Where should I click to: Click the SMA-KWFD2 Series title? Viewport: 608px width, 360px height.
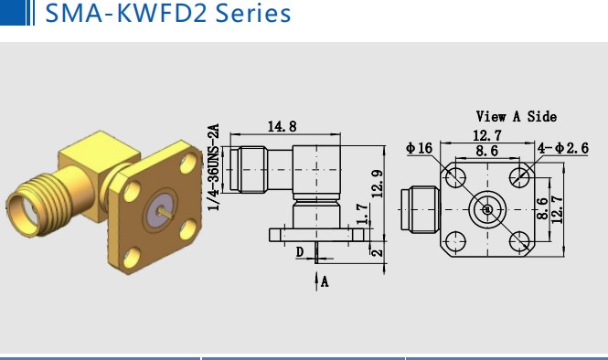point(168,13)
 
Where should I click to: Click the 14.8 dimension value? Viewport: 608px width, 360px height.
point(283,127)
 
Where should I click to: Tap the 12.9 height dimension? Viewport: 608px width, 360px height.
point(378,184)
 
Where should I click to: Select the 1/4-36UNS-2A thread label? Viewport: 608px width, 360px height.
point(214,167)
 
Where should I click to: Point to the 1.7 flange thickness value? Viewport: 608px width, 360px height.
point(362,215)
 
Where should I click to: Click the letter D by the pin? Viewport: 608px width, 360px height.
point(300,252)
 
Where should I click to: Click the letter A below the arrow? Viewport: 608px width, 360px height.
point(325,281)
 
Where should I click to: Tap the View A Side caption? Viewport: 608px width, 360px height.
point(516,116)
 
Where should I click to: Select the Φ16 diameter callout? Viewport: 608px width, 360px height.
point(419,148)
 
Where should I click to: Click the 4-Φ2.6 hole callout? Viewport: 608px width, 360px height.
point(562,148)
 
